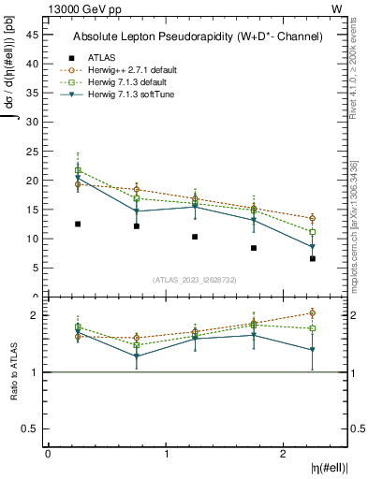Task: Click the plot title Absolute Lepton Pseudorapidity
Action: [x=198, y=36]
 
